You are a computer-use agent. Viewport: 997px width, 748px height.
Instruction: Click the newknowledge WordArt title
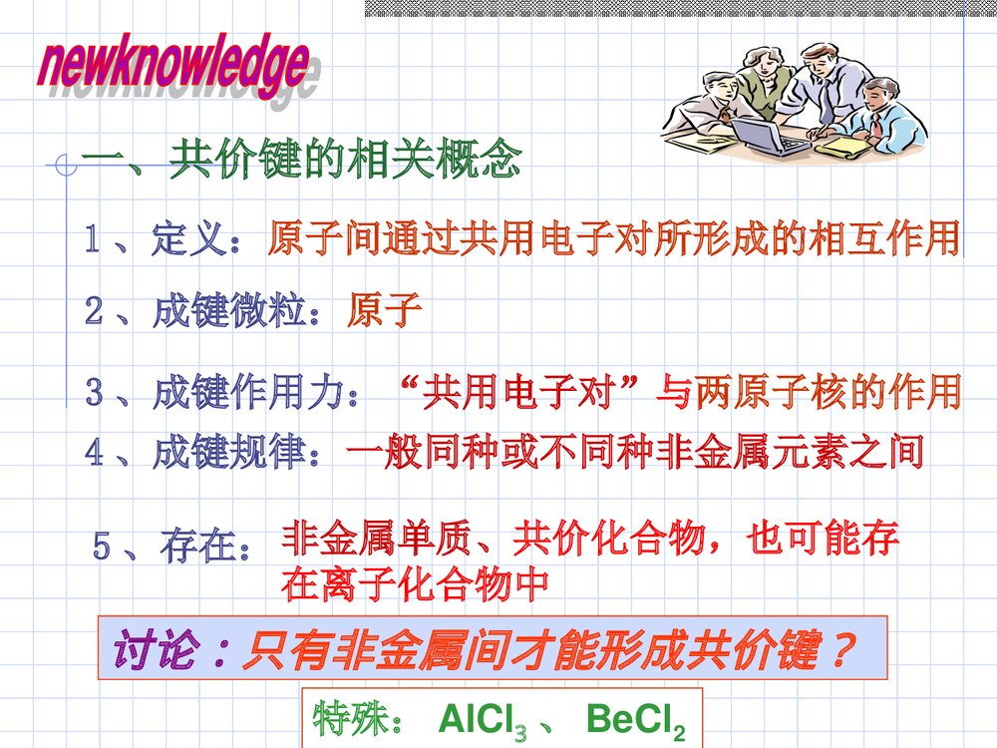click(x=174, y=68)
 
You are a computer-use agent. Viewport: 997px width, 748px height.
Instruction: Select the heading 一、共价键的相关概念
click(x=299, y=160)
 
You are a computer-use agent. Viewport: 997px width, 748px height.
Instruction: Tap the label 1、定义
click(x=160, y=240)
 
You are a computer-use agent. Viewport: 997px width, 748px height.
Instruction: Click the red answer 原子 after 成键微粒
click(x=385, y=312)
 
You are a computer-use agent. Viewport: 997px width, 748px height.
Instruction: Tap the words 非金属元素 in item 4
click(x=758, y=454)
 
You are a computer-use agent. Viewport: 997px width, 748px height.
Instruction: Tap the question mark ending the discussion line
click(x=842, y=650)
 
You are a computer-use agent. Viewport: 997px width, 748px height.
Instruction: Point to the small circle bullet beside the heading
click(x=67, y=165)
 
